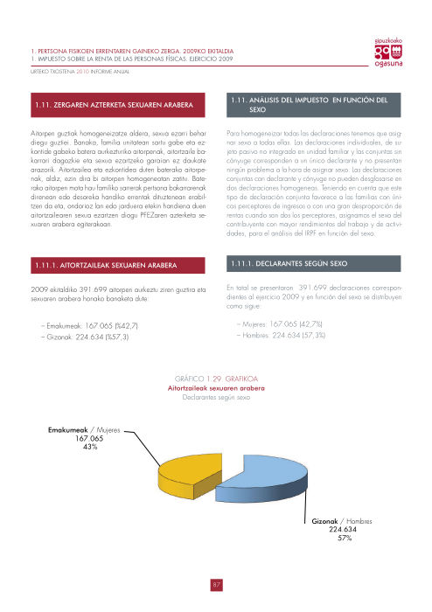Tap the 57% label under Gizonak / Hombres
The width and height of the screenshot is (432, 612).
pyautogui.click(x=345, y=539)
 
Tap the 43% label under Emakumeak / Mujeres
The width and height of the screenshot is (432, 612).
pyautogui.click(x=89, y=447)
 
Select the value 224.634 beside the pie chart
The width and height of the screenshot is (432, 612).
pyautogui.click(x=345, y=531)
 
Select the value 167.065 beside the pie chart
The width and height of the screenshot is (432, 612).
pyautogui.click(x=89, y=439)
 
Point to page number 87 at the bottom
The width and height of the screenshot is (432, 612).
pyautogui.click(x=216, y=585)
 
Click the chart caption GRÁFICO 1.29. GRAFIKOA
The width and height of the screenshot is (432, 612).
pyautogui.click(x=216, y=377)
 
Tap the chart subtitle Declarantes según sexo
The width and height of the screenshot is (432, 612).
pyautogui.click(x=216, y=396)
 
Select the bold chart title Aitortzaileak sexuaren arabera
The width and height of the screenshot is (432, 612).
pyautogui.click(x=216, y=386)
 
